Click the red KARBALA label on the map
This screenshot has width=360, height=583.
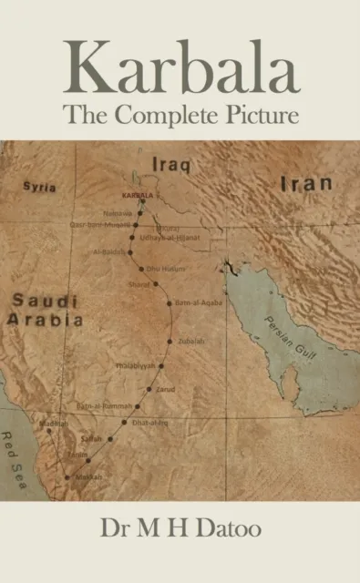[138, 195]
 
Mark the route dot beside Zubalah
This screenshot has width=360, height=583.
[169, 338]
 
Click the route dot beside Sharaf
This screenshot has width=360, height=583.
[155, 283]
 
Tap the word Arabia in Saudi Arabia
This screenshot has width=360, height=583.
[45, 321]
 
